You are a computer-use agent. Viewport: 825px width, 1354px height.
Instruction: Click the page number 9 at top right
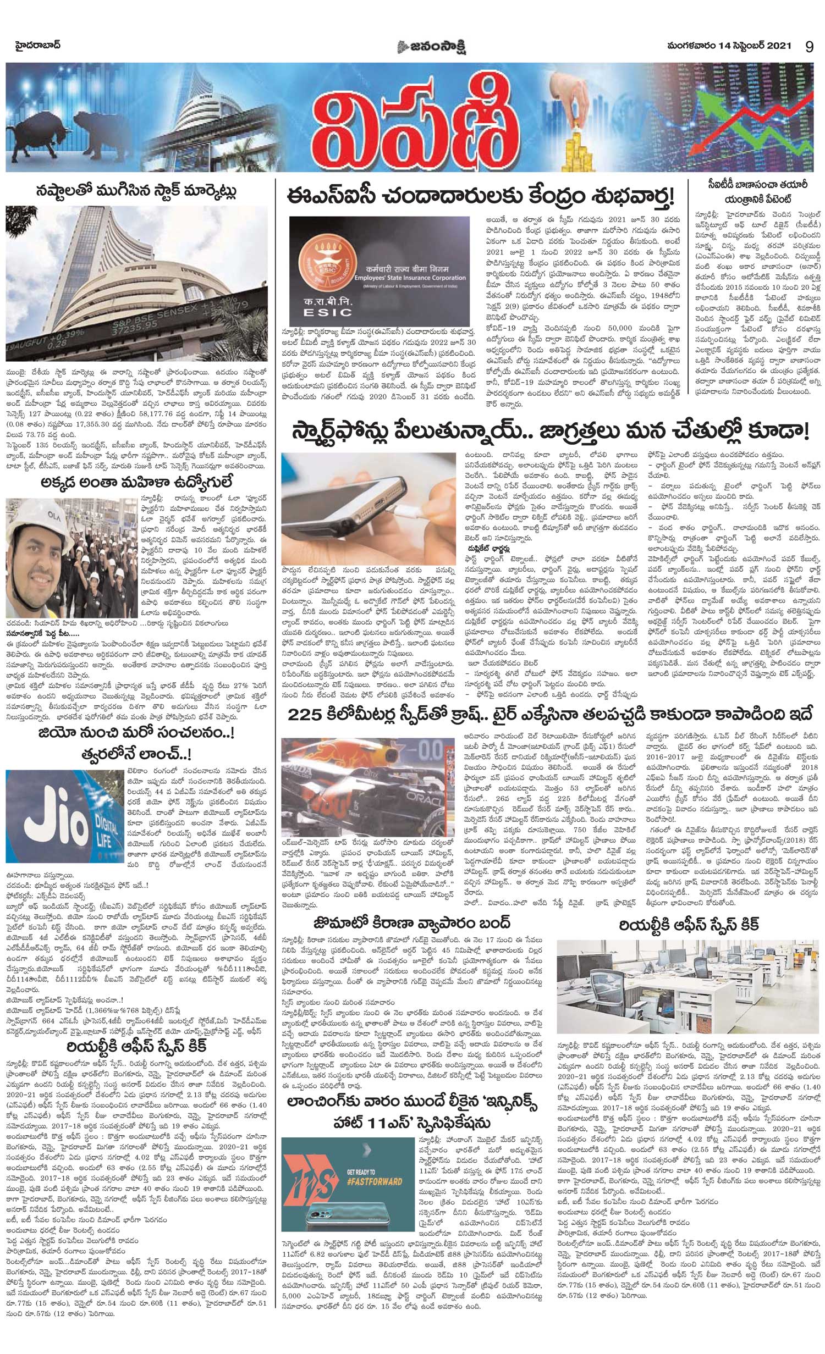(809, 47)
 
